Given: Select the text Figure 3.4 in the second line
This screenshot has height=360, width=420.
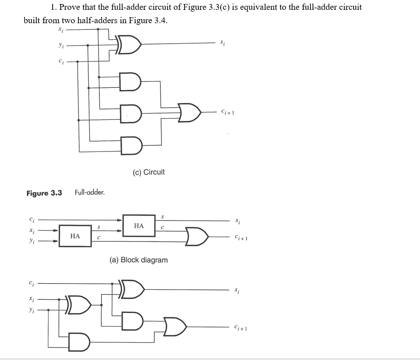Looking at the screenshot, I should pyautogui.click(x=148, y=21).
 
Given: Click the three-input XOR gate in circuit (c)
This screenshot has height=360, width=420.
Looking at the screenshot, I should pyautogui.click(x=130, y=45).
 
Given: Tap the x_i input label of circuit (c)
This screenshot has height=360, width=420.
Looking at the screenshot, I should pyautogui.click(x=60, y=29).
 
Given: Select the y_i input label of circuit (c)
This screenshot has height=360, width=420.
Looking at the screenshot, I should pyautogui.click(x=60, y=45).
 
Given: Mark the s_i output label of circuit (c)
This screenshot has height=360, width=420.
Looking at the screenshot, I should pyautogui.click(x=222, y=43).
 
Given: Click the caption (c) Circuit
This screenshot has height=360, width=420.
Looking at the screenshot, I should pyautogui.click(x=148, y=172).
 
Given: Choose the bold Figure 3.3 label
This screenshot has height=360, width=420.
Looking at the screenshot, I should pyautogui.click(x=44, y=193).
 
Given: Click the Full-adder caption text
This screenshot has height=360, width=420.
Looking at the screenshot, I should pyautogui.click(x=90, y=192).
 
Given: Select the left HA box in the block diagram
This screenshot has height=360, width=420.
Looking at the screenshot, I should pyautogui.click(x=75, y=236).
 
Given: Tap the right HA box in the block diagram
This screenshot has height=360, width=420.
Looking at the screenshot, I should pyautogui.click(x=139, y=226).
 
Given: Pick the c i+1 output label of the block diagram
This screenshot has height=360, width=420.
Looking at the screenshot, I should pyautogui.click(x=241, y=237).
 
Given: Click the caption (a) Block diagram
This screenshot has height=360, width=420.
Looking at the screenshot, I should pyautogui.click(x=139, y=260).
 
